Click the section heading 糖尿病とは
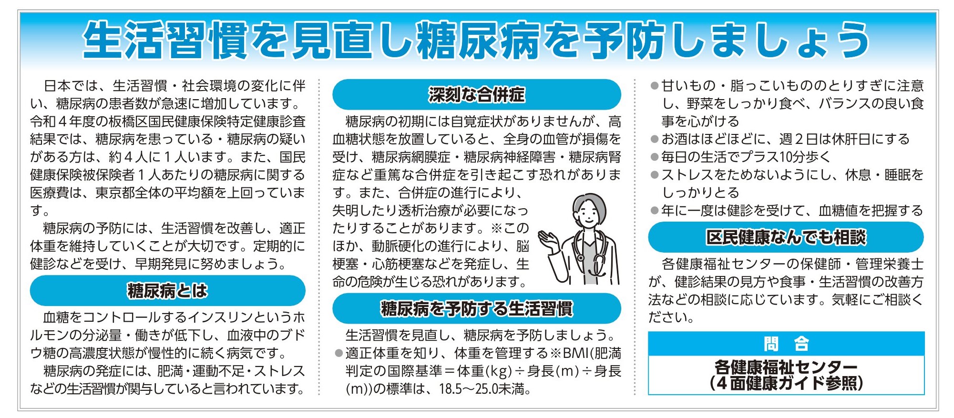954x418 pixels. point(167,290)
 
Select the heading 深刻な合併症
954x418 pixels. point(476,94)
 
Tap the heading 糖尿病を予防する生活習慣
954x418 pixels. point(476,308)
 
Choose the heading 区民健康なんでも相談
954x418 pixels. point(786,237)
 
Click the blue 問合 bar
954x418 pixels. point(786,344)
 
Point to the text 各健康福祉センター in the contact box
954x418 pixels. point(786,367)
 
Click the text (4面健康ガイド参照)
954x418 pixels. point(786,383)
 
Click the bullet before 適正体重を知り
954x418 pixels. point(339,353)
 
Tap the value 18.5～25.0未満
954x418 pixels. point(485,389)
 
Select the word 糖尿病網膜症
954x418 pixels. point(411,157)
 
